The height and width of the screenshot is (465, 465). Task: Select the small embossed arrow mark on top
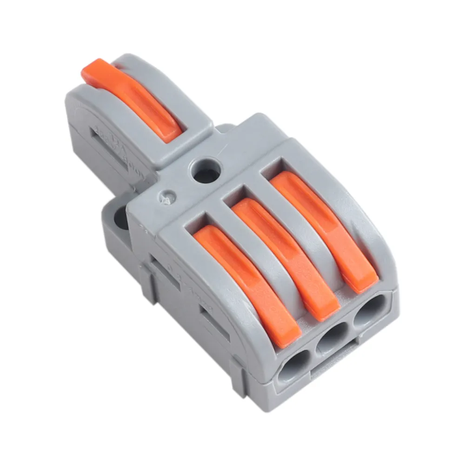click(x=166, y=198)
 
